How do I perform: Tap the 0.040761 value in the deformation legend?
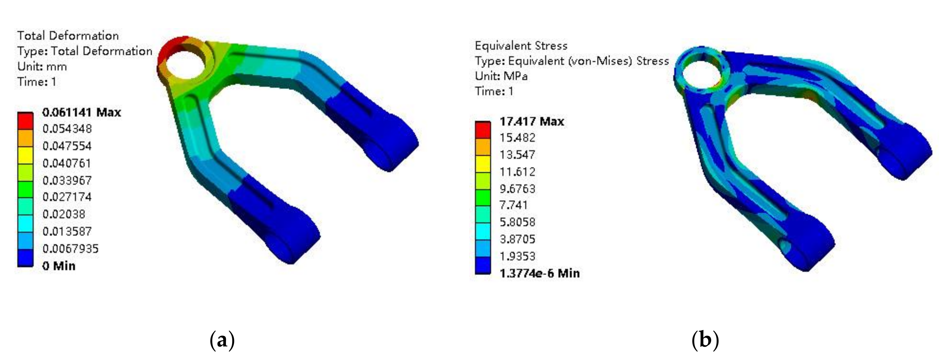67,163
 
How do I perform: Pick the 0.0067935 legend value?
70,249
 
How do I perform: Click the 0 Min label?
59,266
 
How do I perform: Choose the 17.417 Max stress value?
532,121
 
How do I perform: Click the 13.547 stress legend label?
517,155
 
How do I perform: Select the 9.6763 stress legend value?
517,188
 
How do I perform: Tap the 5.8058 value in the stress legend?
517,222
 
